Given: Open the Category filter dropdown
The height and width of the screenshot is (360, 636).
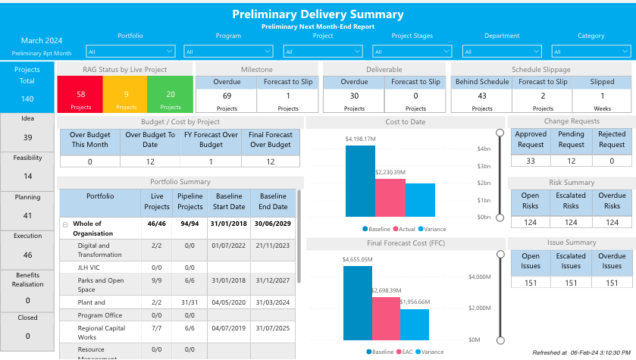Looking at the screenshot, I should (x=590, y=52).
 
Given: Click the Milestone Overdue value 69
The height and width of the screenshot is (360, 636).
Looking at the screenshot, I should (x=227, y=96).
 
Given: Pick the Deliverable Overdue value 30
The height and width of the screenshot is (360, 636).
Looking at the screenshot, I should (x=354, y=96).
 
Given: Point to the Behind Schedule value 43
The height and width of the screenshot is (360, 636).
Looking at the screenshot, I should (x=482, y=96).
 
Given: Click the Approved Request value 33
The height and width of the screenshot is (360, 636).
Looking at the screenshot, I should (x=531, y=161).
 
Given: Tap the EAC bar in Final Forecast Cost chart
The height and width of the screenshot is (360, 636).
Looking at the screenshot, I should (x=386, y=318).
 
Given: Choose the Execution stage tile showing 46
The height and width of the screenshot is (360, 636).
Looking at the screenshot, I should (x=28, y=248).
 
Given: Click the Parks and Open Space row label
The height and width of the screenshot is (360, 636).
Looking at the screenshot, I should (x=96, y=285).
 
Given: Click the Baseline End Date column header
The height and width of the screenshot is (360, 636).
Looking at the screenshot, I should (x=273, y=202).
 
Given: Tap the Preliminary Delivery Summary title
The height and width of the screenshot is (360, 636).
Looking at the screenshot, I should (x=318, y=14).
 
